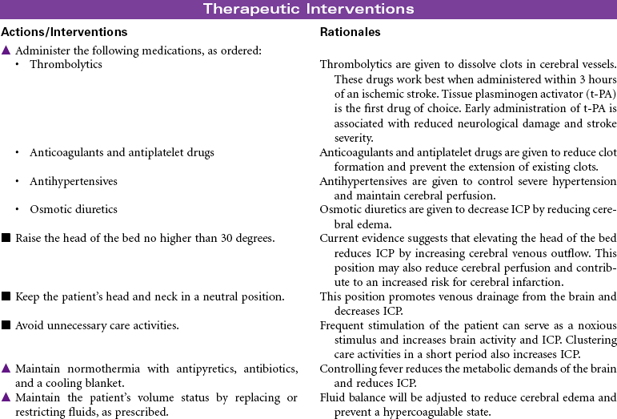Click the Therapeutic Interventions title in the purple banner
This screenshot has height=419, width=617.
tap(308, 10)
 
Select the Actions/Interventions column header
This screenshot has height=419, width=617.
tap(64, 33)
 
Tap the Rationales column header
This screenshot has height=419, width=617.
tap(350, 33)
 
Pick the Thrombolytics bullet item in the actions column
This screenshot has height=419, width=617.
tap(65, 64)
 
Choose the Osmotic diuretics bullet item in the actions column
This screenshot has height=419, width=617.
tap(73, 209)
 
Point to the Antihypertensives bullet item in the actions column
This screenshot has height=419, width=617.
tap(73, 181)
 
